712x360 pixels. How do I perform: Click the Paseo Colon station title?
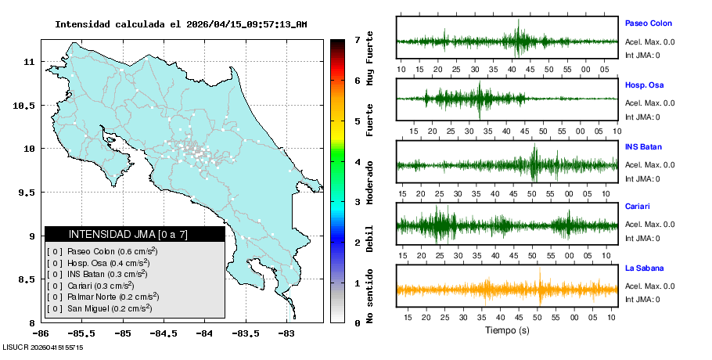click(648, 23)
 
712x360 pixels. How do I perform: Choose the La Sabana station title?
click(644, 268)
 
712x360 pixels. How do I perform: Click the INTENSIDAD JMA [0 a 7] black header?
click(135, 234)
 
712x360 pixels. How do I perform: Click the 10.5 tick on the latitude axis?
click(26, 105)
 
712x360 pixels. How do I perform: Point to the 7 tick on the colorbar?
click(356, 39)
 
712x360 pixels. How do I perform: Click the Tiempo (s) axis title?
click(507, 330)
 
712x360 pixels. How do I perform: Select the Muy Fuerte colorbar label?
click(370, 59)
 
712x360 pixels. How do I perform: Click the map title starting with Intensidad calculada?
click(181, 24)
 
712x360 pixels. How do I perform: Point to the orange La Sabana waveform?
click(507, 290)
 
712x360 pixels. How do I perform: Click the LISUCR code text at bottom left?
click(43, 347)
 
